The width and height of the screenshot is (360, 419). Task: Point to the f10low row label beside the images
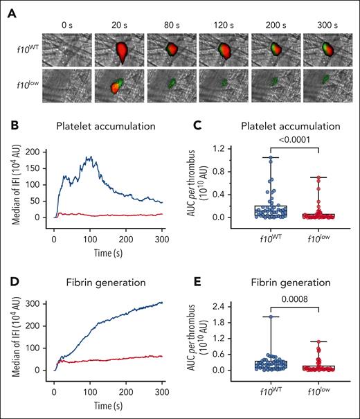click(26, 87)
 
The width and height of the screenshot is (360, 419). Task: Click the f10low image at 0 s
click(67, 87)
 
